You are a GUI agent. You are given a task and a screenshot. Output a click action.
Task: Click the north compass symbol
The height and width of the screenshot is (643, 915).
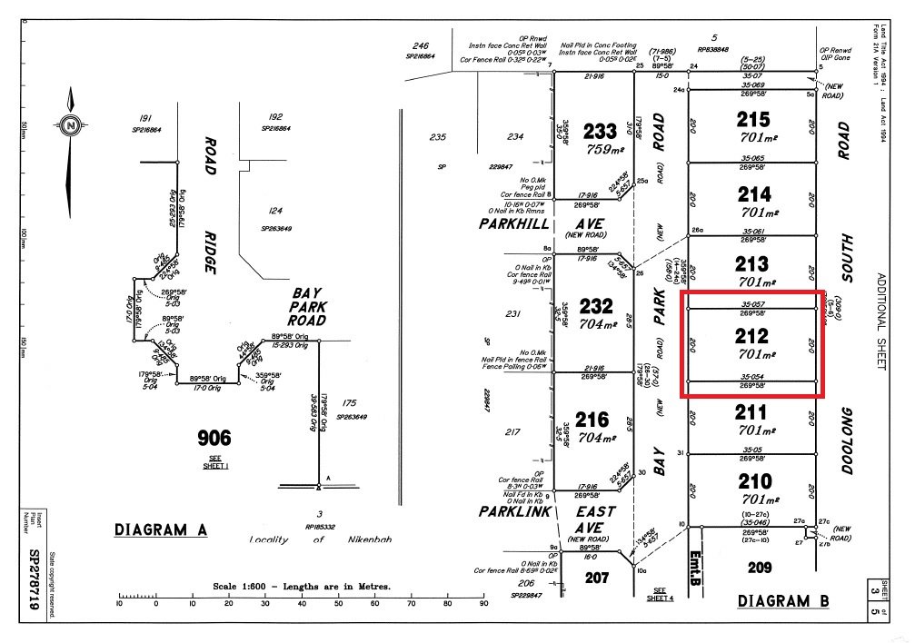70,125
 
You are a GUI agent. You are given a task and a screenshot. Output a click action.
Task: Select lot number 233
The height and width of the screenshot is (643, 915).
600,131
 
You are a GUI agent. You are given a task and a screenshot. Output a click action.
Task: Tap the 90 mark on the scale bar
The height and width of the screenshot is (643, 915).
484,603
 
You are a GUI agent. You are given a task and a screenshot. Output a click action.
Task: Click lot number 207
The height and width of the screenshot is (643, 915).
597,578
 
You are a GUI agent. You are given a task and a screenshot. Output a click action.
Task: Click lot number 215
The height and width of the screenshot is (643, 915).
753,119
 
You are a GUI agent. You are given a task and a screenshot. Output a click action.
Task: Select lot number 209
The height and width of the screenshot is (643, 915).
760,569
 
